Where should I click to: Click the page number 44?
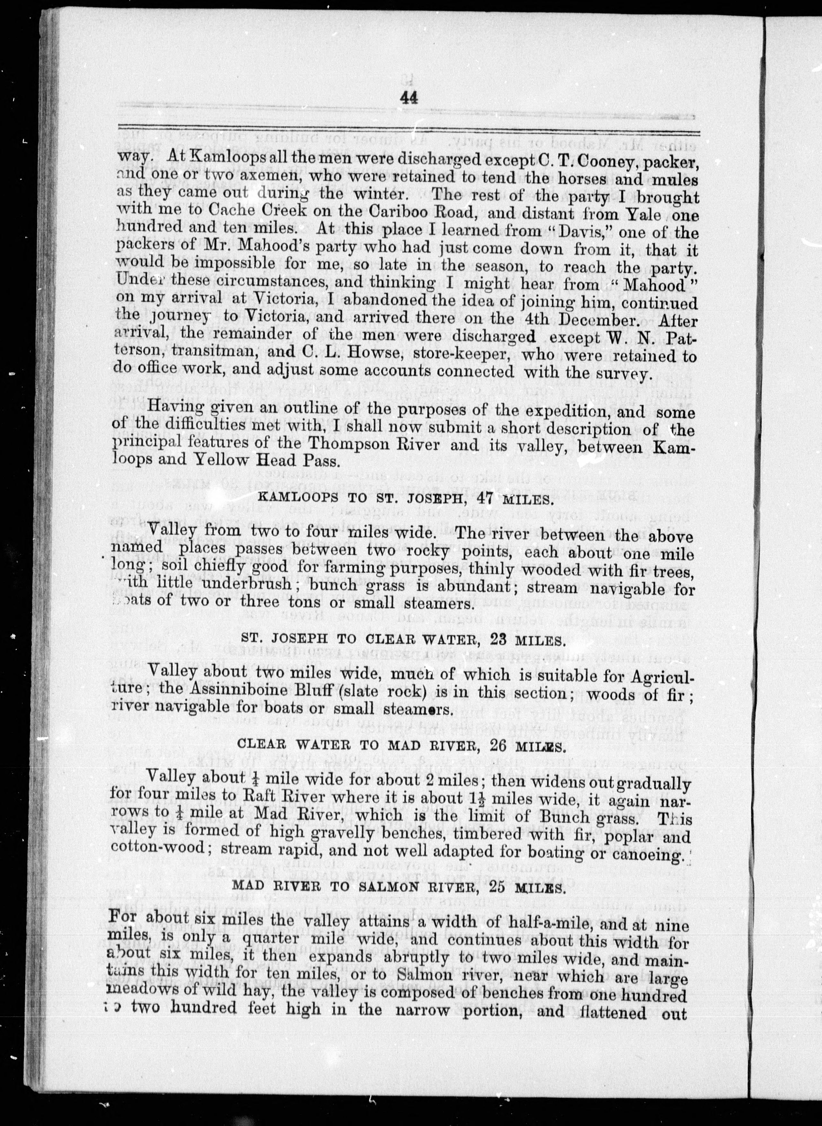pyautogui.click(x=408, y=98)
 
